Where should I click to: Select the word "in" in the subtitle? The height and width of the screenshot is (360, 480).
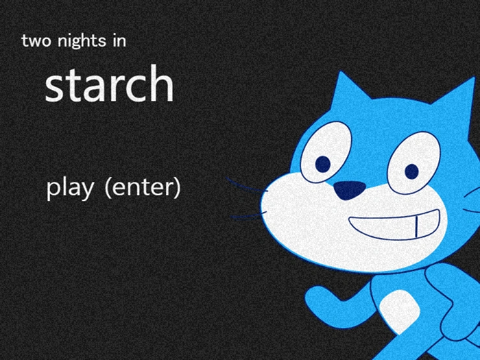point(119,41)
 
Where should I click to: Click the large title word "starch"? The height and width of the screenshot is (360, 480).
point(109,85)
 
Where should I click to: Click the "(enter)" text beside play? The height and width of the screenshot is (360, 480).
point(142,188)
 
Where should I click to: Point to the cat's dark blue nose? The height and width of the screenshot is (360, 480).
point(350,190)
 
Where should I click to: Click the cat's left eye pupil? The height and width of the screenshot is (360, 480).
point(323,164)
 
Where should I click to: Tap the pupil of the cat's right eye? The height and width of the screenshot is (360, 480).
point(411,171)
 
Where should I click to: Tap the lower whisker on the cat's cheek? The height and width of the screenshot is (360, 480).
point(246,217)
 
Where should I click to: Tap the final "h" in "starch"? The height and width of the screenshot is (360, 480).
point(163,84)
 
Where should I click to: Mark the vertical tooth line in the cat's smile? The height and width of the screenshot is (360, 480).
point(416,225)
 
